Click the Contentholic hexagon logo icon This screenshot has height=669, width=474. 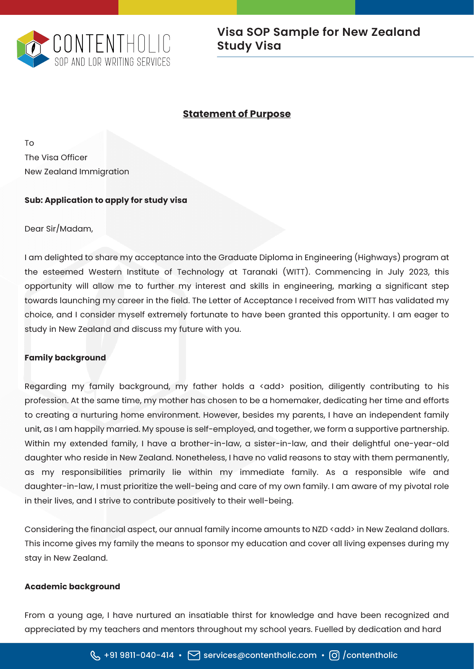[x=33, y=49]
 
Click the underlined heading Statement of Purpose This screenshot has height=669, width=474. [x=236, y=114]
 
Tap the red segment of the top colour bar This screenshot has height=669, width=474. [x=59, y=7]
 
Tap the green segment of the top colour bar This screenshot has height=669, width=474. [x=296, y=7]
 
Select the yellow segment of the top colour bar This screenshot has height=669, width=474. [x=177, y=7]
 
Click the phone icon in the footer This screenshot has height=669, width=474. [x=95, y=655]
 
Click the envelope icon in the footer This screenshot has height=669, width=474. [x=194, y=655]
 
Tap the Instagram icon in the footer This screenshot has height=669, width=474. [x=334, y=655]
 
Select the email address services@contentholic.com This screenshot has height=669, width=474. [x=260, y=655]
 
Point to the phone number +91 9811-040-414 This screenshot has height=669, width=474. [x=139, y=655]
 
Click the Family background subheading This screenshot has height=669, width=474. [x=65, y=358]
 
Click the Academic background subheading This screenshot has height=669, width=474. [x=72, y=587]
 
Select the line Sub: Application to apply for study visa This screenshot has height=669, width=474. [x=106, y=200]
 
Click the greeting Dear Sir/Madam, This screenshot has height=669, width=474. [x=59, y=229]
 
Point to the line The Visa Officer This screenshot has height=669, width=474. [x=56, y=158]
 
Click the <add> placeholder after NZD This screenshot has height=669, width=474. [x=342, y=529]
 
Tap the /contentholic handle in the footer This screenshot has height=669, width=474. [x=370, y=655]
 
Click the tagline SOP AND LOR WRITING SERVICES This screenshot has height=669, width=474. [x=112, y=62]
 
